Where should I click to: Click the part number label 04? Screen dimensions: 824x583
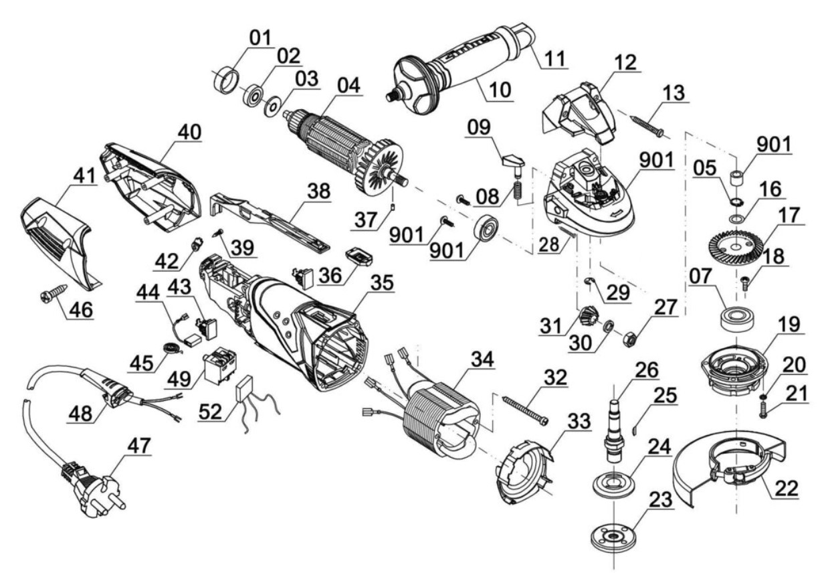click(x=348, y=85)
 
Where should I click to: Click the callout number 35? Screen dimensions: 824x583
click(x=382, y=282)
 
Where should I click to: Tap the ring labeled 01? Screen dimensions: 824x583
click(x=226, y=80)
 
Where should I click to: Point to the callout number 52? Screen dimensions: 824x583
click(x=211, y=412)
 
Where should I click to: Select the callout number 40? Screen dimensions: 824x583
click(x=190, y=133)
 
